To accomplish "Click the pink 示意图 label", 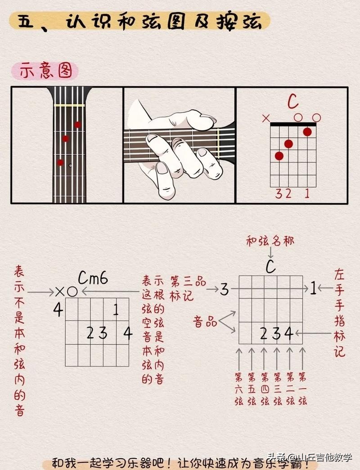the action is [45, 71].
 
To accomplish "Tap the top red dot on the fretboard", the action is [78, 125].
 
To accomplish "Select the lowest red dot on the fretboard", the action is [60, 162].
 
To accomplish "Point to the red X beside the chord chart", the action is [266, 118].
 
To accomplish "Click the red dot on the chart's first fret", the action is [307, 132].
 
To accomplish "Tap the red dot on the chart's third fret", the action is [279, 156].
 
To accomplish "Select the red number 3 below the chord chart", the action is [279, 194].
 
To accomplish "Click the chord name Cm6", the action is [93, 278].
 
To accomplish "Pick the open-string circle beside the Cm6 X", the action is [72, 291].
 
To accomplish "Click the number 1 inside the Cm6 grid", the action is [116, 309].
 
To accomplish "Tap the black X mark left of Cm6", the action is [60, 291].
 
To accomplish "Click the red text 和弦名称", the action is [270, 241].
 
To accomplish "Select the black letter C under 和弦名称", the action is [270, 266].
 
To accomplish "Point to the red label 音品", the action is [205, 322].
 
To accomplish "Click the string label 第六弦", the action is [239, 389].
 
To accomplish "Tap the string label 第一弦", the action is [303, 389].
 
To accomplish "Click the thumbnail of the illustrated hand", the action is [180, 145].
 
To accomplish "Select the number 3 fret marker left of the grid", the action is [224, 289].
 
